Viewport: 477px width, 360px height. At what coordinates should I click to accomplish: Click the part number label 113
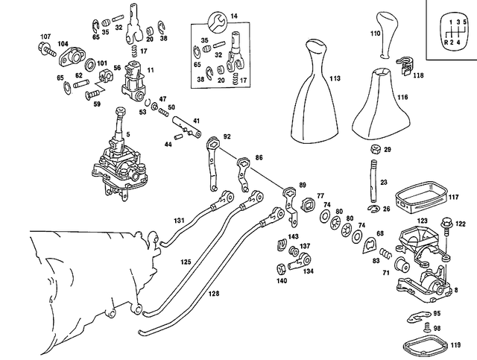click(x=335, y=78)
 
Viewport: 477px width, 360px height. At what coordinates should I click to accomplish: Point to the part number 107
click(x=45, y=37)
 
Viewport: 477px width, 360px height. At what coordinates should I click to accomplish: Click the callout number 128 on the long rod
click(x=214, y=294)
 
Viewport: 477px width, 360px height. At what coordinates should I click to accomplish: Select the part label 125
click(x=186, y=262)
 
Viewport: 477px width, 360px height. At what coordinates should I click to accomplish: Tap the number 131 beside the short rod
click(x=180, y=221)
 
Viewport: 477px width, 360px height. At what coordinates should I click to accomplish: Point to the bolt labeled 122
click(x=446, y=223)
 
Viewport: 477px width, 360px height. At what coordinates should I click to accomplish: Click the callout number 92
click(x=227, y=136)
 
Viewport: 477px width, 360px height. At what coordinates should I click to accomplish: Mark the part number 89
click(x=302, y=185)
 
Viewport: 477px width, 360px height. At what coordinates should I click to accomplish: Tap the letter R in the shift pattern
click(x=446, y=43)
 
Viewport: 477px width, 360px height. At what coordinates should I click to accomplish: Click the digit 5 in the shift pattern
click(x=467, y=22)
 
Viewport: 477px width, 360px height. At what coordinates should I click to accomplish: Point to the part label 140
click(x=282, y=282)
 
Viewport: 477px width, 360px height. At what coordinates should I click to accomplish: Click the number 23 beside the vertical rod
click(x=384, y=181)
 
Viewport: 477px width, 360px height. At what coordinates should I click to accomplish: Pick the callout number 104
click(x=62, y=45)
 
